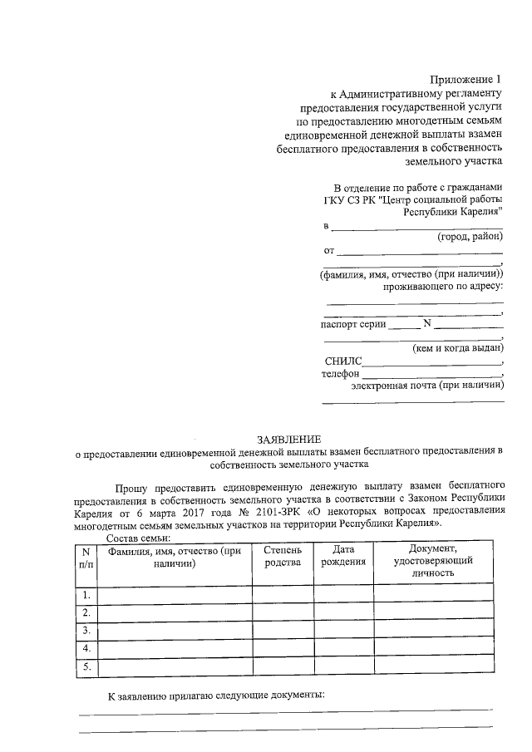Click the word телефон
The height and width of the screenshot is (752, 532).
(340, 374)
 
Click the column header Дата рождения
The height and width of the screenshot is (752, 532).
(342, 557)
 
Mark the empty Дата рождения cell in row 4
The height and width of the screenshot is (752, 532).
(342, 648)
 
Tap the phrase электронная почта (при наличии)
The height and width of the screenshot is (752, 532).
(427, 386)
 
